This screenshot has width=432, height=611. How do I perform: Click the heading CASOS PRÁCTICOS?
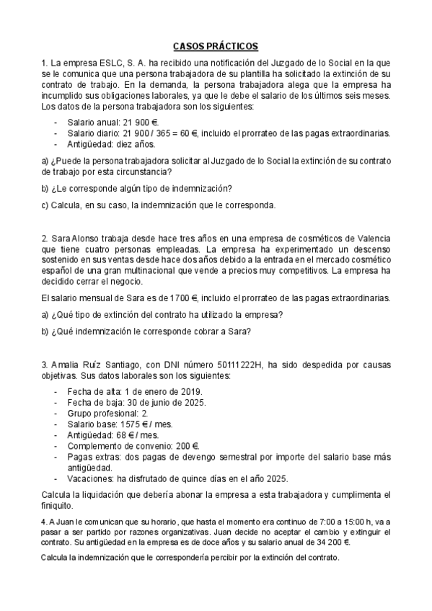click(216, 45)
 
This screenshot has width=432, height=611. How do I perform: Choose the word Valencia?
click(369, 238)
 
